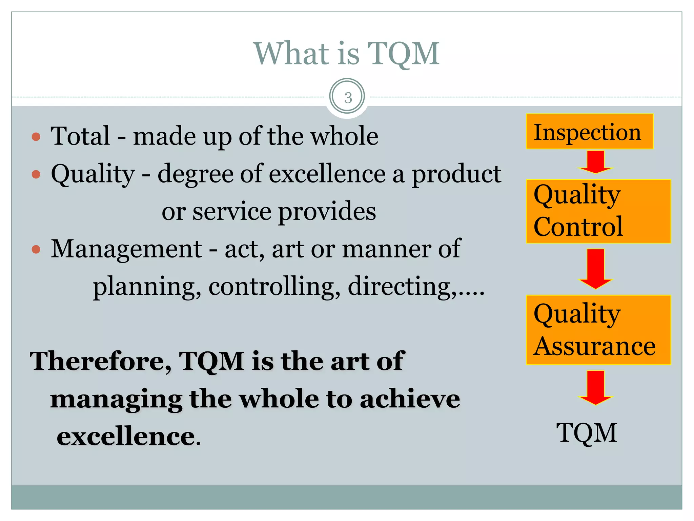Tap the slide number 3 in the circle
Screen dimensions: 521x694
(x=347, y=97)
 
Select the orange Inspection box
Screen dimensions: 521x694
(x=589, y=132)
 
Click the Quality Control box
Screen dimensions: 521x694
(x=598, y=211)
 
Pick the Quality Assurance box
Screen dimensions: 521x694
(x=598, y=330)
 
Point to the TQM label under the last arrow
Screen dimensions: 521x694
(x=587, y=433)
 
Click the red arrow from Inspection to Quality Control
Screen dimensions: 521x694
(x=595, y=162)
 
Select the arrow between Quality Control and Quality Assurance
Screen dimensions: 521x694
(x=595, y=269)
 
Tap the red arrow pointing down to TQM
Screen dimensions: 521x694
(x=595, y=387)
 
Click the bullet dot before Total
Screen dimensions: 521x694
(x=36, y=137)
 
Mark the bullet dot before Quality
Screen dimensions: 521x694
(x=36, y=174)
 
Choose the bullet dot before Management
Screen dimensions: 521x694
(x=36, y=250)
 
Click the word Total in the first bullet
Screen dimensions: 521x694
(x=80, y=136)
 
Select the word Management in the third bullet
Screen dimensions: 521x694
(x=126, y=249)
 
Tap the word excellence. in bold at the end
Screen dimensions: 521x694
(x=128, y=436)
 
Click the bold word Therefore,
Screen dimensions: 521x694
(x=101, y=361)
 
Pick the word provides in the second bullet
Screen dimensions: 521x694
(x=327, y=211)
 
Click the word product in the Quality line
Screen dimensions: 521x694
(x=456, y=174)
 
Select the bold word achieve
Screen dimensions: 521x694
(x=410, y=399)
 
